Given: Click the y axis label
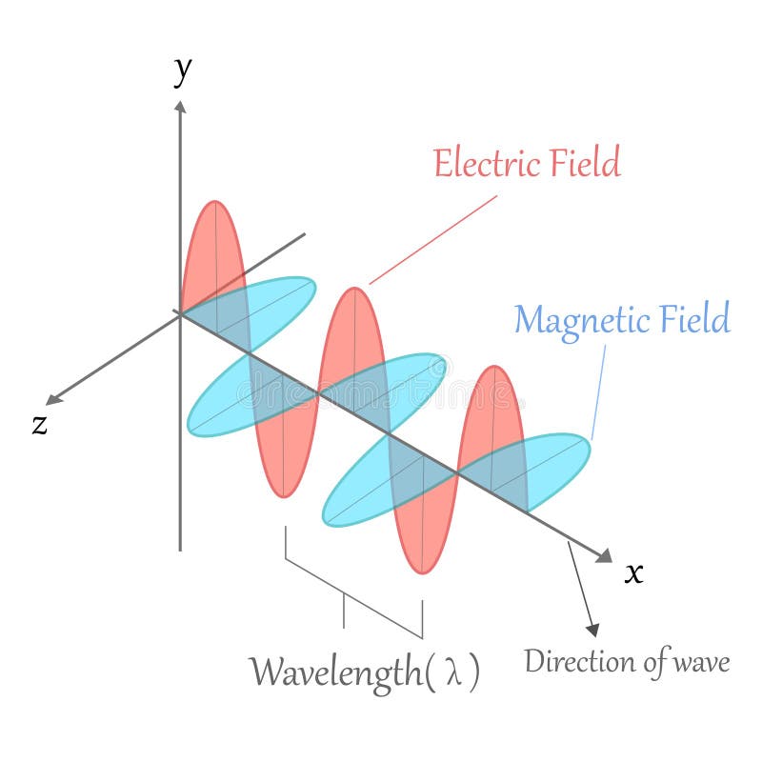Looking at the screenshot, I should click(x=182, y=70).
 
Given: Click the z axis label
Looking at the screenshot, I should click(x=39, y=425).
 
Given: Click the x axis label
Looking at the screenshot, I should click(x=633, y=572).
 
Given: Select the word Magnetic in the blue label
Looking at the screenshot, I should click(x=582, y=319).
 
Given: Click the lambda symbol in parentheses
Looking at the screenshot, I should click(x=453, y=672).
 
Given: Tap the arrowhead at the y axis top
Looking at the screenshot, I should click(x=180, y=105).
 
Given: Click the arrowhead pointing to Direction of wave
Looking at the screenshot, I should click(x=592, y=630).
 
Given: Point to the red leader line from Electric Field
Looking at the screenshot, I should click(x=433, y=240).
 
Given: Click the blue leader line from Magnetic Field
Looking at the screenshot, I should click(x=599, y=391).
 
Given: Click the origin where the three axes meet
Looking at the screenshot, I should click(x=180, y=312).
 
